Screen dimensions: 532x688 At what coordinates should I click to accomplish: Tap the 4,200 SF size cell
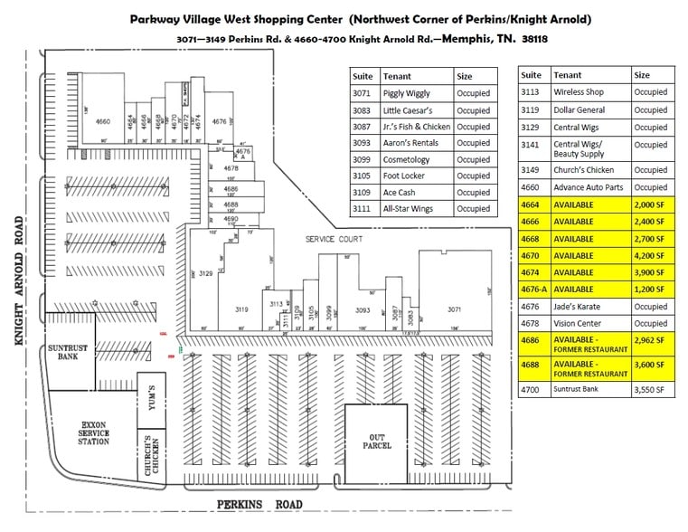[648, 255]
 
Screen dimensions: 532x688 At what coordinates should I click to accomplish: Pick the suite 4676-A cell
[532, 290]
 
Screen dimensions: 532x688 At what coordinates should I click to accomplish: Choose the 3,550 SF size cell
[648, 389]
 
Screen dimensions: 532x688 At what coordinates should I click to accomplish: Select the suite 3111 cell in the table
[362, 209]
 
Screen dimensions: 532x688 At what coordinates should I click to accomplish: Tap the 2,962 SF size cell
[648, 340]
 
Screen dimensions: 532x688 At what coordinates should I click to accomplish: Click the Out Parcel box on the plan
[375, 444]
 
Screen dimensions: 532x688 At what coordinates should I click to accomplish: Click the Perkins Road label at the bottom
[259, 504]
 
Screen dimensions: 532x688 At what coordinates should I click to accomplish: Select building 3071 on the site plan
[454, 308]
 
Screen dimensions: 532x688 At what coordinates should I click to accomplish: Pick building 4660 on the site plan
[103, 121]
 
